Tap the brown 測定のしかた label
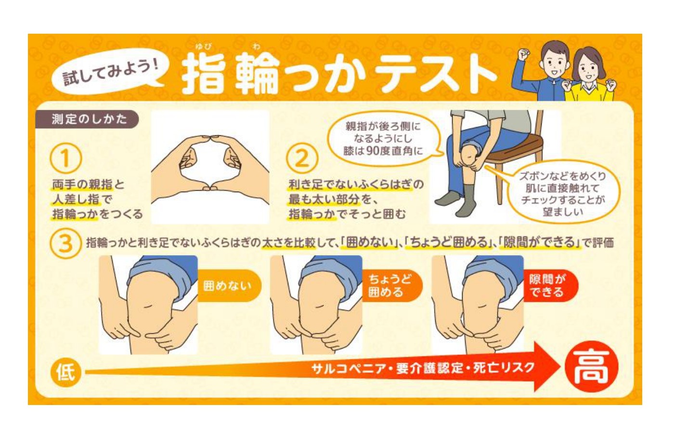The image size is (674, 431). click(87, 119)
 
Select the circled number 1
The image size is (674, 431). click(65, 159)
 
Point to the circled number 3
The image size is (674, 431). click(65, 243)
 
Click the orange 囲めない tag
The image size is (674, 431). click(228, 286)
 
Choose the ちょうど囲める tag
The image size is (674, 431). click(391, 286)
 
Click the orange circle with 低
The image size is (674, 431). click(65, 372)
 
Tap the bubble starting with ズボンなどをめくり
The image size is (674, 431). click(562, 193)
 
